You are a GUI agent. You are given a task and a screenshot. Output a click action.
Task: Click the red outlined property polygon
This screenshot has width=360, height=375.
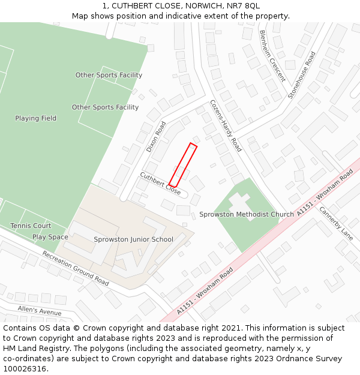pyautogui.click(x=183, y=165)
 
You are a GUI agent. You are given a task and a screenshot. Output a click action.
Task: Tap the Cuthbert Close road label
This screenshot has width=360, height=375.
pyautogui.click(x=160, y=184)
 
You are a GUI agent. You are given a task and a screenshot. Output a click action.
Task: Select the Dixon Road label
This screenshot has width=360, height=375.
pyautogui.click(x=156, y=137)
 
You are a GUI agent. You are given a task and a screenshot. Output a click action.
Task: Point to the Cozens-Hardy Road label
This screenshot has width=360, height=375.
pyautogui.click(x=226, y=125)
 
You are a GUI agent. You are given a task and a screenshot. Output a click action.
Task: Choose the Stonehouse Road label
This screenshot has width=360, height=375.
pyautogui.click(x=301, y=75)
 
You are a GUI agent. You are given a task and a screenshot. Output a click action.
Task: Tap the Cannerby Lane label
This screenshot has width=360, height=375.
pyautogui.click(x=336, y=224)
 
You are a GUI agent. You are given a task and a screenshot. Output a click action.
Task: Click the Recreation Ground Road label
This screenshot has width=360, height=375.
pyautogui.click(x=75, y=268)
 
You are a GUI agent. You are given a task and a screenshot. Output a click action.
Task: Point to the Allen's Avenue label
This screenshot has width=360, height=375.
pyautogui.click(x=40, y=310)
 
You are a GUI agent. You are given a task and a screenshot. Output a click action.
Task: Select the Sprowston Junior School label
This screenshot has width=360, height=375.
pyautogui.click(x=133, y=239)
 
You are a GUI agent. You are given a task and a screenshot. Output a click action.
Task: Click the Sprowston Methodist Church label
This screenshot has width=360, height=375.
pyautogui.click(x=247, y=214)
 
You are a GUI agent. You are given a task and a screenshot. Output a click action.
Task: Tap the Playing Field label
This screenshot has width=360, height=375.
pyautogui.click(x=36, y=118)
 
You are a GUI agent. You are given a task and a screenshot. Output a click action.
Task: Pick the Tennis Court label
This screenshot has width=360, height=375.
pyautogui.click(x=31, y=226)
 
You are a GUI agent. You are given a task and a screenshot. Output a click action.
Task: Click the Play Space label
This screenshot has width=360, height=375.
pyautogui.click(x=50, y=237)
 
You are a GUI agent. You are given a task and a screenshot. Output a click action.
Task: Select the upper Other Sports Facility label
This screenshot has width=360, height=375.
pyautogui.click(x=109, y=75)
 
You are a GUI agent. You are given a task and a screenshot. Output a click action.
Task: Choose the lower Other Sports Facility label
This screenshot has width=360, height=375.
pyautogui.click(x=105, y=107)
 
